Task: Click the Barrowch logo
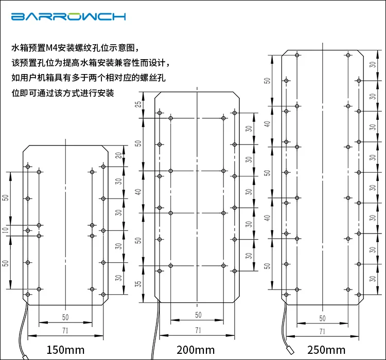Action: click(68, 16)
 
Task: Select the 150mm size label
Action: click(65, 350)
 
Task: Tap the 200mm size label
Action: click(196, 350)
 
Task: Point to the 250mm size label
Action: click(326, 350)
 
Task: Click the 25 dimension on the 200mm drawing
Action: click(138, 104)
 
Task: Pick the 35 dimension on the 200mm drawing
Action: click(138, 284)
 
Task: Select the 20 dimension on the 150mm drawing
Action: click(119, 155)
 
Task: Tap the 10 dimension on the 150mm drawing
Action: click(6, 230)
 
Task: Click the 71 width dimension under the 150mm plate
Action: click(65, 330)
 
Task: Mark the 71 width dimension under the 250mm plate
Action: click(322, 331)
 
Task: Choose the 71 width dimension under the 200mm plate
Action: click(198, 330)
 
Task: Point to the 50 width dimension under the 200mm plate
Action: click(198, 315)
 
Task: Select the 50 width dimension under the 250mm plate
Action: click(322, 318)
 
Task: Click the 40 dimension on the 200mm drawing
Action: click(138, 192)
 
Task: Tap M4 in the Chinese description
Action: click(51, 48)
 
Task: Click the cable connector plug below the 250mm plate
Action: click(291, 351)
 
